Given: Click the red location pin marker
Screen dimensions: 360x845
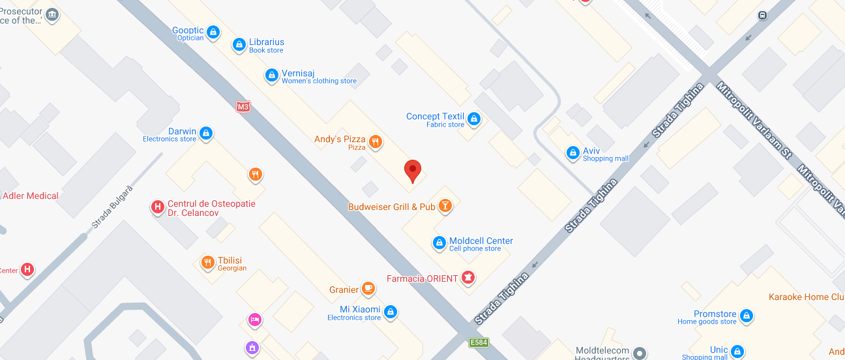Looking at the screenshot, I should [x=412, y=171].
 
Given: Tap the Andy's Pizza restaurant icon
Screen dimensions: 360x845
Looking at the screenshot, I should [x=375, y=141].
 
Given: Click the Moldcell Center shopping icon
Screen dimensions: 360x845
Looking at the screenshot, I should [x=439, y=243].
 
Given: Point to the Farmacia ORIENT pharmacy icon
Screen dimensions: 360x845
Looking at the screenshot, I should [x=467, y=278].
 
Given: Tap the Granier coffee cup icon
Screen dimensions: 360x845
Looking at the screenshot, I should [x=368, y=289].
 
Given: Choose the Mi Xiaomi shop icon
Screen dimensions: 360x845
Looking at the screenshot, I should [x=391, y=312].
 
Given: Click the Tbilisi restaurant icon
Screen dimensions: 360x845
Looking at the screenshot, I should [x=207, y=263].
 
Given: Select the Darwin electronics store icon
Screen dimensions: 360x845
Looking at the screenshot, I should [x=206, y=134].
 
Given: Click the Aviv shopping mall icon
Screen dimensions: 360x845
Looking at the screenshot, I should [x=573, y=153].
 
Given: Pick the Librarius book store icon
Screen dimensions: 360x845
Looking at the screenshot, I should [x=239, y=45].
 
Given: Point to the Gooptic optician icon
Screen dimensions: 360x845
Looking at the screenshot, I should [x=213, y=33].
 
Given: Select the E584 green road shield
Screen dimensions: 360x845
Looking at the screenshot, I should [x=479, y=342].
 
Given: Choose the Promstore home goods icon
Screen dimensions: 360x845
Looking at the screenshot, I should [x=747, y=317].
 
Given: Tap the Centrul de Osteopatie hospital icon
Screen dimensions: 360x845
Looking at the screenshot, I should [x=157, y=207].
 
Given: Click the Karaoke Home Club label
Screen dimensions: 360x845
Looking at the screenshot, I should [x=807, y=297].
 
